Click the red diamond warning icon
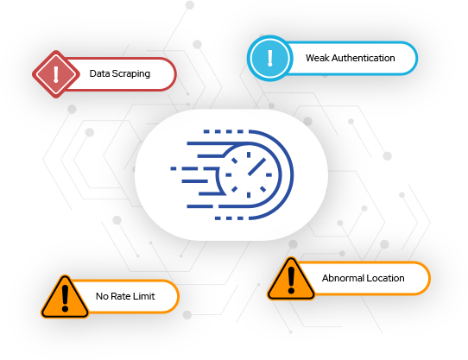(56, 74)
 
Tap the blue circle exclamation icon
(269, 58)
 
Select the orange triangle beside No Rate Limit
(65, 296)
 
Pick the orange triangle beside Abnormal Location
(291, 279)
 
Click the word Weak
(317, 58)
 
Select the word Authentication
(363, 58)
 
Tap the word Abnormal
(343, 278)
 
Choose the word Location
(385, 278)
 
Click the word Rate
(121, 296)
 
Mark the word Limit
(144, 296)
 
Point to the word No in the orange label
(102, 296)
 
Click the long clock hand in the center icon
(256, 167)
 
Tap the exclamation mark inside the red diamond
(56, 74)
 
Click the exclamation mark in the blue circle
(269, 58)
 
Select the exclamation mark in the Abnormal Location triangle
(291, 280)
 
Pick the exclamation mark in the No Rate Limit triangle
(65, 298)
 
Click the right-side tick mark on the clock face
(269, 175)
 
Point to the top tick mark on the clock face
(249, 155)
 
